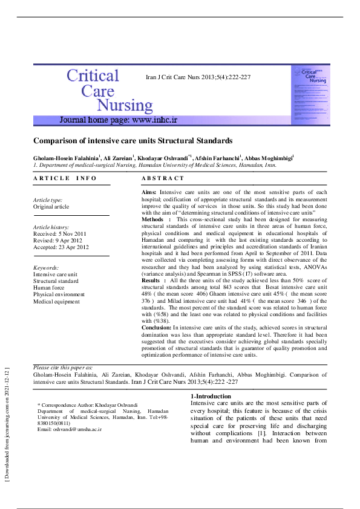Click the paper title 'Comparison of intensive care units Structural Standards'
pos(133,141)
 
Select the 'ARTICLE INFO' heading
pos(65,178)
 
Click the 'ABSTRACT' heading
pos(163,178)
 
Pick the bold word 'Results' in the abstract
pos(151,281)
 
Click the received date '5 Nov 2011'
pos(73,233)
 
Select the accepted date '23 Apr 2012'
pos(74,247)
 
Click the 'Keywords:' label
pos(46,267)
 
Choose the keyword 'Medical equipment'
pos(56,301)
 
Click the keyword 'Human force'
pos(49,288)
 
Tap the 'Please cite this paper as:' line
pos(63,368)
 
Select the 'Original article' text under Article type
pos(51,207)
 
